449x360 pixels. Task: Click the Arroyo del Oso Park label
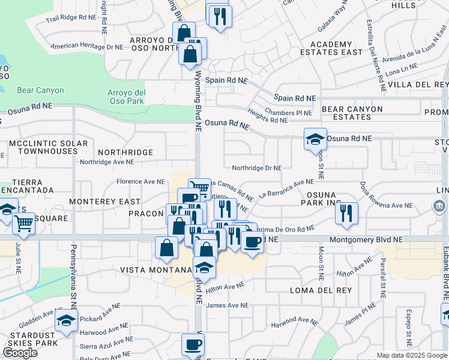coord(126,96)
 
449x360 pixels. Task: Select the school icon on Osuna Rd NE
coord(315,140)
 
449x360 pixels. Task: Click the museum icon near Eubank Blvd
coord(439,207)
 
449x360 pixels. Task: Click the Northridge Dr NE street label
coord(256,169)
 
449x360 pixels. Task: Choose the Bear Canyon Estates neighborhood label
coord(352,113)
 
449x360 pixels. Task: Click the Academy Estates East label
coord(331,48)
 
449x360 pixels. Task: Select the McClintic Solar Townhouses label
coord(48,148)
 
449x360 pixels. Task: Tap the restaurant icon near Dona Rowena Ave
coord(346,213)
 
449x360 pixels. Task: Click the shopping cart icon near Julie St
coord(24,224)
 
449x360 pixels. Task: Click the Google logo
coord(20,353)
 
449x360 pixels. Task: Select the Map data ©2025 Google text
coord(412,355)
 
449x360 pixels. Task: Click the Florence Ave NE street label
coord(140,181)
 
